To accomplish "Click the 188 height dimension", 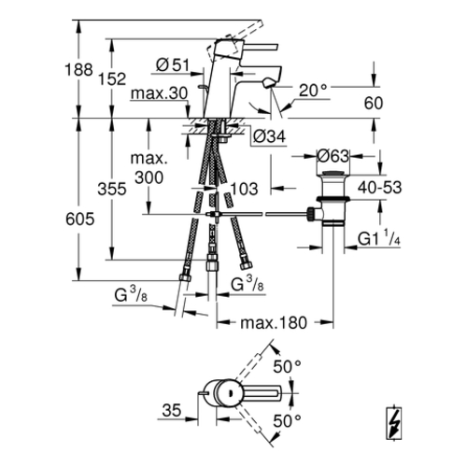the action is (x=78, y=69).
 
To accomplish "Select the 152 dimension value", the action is (x=112, y=78).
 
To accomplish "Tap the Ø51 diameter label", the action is (x=173, y=65).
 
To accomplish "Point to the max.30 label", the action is (x=160, y=93).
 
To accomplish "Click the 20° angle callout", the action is (x=313, y=91).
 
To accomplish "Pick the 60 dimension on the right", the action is (x=374, y=104).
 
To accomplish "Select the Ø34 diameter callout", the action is (x=269, y=136).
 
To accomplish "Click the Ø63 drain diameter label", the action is (x=333, y=156).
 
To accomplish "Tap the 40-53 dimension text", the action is (x=380, y=188).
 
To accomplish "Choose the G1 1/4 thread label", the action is (x=379, y=239).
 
